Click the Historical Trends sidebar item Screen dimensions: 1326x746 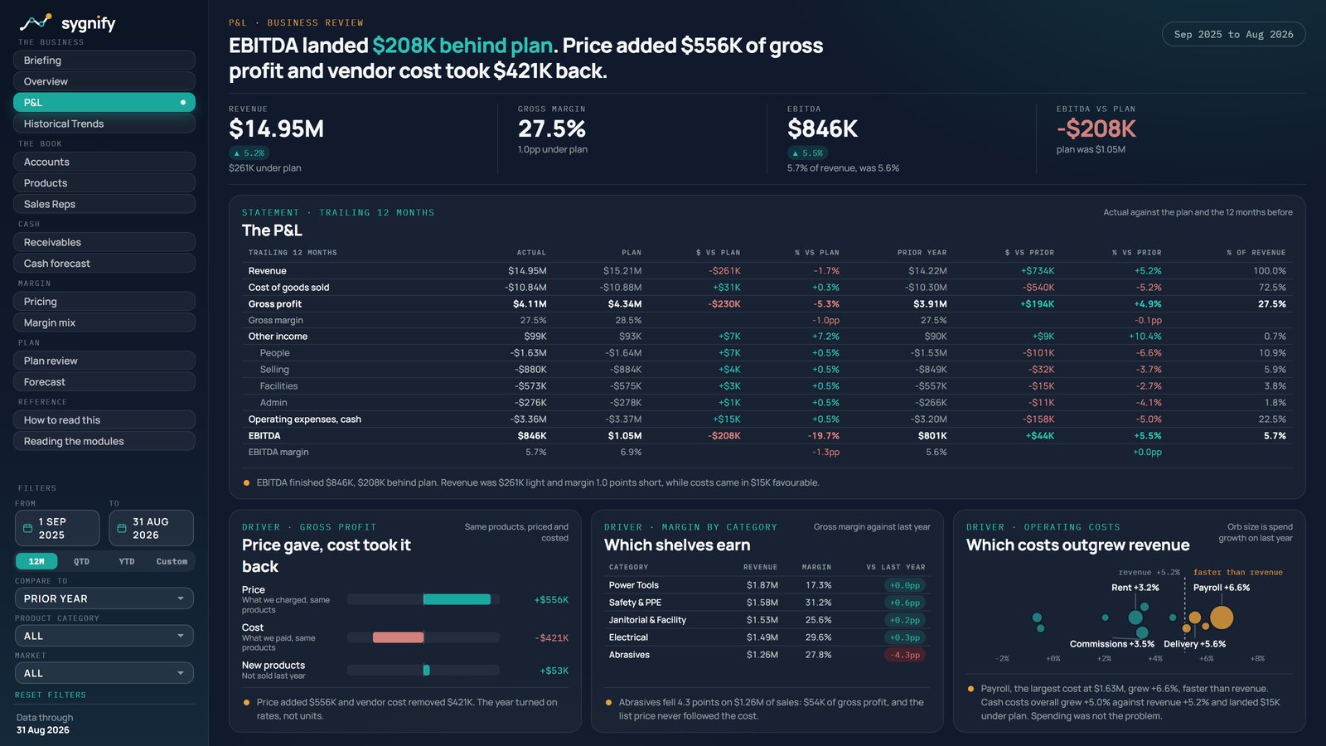click(104, 124)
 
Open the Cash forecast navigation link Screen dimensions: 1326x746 click(104, 264)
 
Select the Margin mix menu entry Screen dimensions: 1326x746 click(104, 322)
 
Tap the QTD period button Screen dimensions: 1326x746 click(82, 561)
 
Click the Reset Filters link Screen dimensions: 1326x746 click(51, 695)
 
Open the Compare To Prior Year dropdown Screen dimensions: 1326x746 click(104, 598)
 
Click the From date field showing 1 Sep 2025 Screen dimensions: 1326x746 click(57, 528)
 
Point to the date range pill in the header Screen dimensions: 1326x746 click(1234, 34)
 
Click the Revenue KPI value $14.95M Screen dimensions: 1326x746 click(277, 129)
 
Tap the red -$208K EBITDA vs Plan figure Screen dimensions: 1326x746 click(1096, 129)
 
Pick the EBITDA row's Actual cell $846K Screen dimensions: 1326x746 click(531, 436)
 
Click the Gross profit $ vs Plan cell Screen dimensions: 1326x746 click(724, 304)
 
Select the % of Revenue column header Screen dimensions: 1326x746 click(1256, 253)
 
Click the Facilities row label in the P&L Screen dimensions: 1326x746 click(278, 386)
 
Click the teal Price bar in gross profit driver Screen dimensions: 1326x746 click(457, 600)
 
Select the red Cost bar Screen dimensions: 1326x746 click(399, 637)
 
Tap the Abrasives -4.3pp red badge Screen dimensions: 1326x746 click(905, 655)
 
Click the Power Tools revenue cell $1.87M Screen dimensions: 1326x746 click(762, 585)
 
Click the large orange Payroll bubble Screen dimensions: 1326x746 click(1222, 618)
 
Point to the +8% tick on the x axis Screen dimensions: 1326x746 click(1257, 658)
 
